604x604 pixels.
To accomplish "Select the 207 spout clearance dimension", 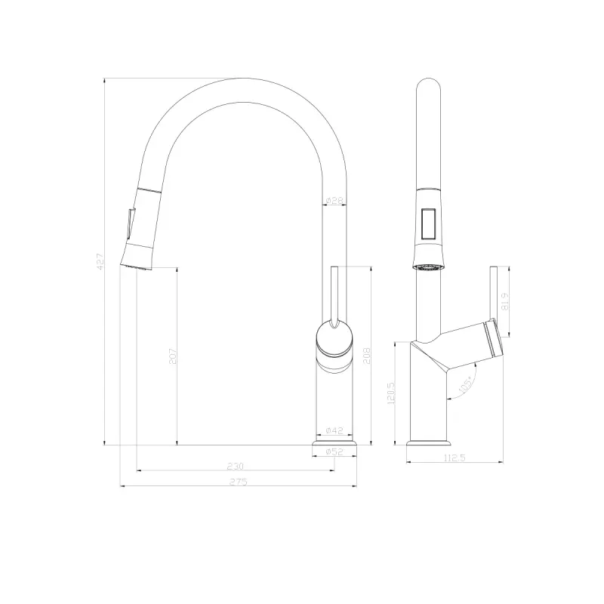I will coord(173,356).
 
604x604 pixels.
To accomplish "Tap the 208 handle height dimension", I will coord(368,355).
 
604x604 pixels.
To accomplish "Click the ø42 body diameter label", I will coord(334,430).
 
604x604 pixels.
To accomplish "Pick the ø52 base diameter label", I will coord(334,451).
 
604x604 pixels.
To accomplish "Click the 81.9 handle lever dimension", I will coord(505,300).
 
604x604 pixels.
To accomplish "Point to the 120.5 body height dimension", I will coord(391,393).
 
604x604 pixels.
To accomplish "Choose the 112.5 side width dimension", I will coord(455,457).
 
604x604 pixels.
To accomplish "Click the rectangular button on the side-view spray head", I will coord(427,225).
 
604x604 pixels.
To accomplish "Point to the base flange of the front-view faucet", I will coord(334,445).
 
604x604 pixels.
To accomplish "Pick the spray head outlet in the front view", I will coord(137,267).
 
